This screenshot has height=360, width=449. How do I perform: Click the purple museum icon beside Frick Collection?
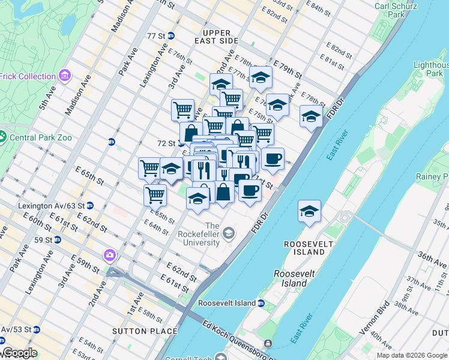(x=65, y=76)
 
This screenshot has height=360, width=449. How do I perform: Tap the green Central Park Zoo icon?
(x=4, y=137)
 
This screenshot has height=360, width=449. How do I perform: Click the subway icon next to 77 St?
(x=171, y=36)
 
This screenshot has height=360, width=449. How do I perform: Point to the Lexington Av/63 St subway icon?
(x=89, y=205)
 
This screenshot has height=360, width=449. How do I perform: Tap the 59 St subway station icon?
(x=57, y=239)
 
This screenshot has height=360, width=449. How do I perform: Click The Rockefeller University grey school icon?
(x=229, y=232)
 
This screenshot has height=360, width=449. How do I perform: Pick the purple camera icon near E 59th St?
(x=109, y=255)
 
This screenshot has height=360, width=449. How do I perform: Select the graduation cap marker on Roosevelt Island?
(x=309, y=211)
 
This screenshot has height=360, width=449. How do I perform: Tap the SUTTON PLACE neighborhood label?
(x=145, y=331)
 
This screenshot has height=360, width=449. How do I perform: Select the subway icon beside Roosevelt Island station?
(x=261, y=303)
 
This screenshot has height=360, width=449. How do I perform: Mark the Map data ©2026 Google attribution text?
(x=412, y=355)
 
